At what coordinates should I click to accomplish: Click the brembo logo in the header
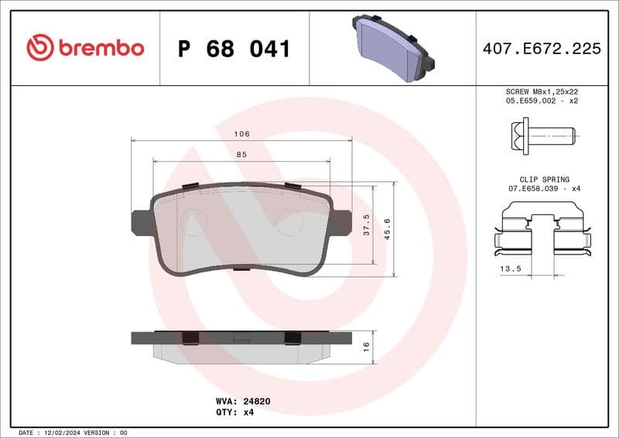tap(85, 48)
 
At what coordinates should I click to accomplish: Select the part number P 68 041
tap(234, 49)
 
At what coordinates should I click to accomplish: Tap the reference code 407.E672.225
tap(541, 49)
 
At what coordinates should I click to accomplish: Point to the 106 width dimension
tap(241, 134)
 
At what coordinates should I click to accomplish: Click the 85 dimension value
tap(241, 155)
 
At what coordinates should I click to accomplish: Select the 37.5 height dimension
tap(367, 225)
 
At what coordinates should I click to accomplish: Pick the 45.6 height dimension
tap(388, 229)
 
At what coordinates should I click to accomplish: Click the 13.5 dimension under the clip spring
tap(510, 269)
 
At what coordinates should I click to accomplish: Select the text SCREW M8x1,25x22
tap(542, 91)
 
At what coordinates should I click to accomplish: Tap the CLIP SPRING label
tap(543, 180)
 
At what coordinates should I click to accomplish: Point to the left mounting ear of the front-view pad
tap(141, 222)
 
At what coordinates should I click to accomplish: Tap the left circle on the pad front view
tap(193, 223)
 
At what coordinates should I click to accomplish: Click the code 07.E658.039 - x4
tap(543, 189)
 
